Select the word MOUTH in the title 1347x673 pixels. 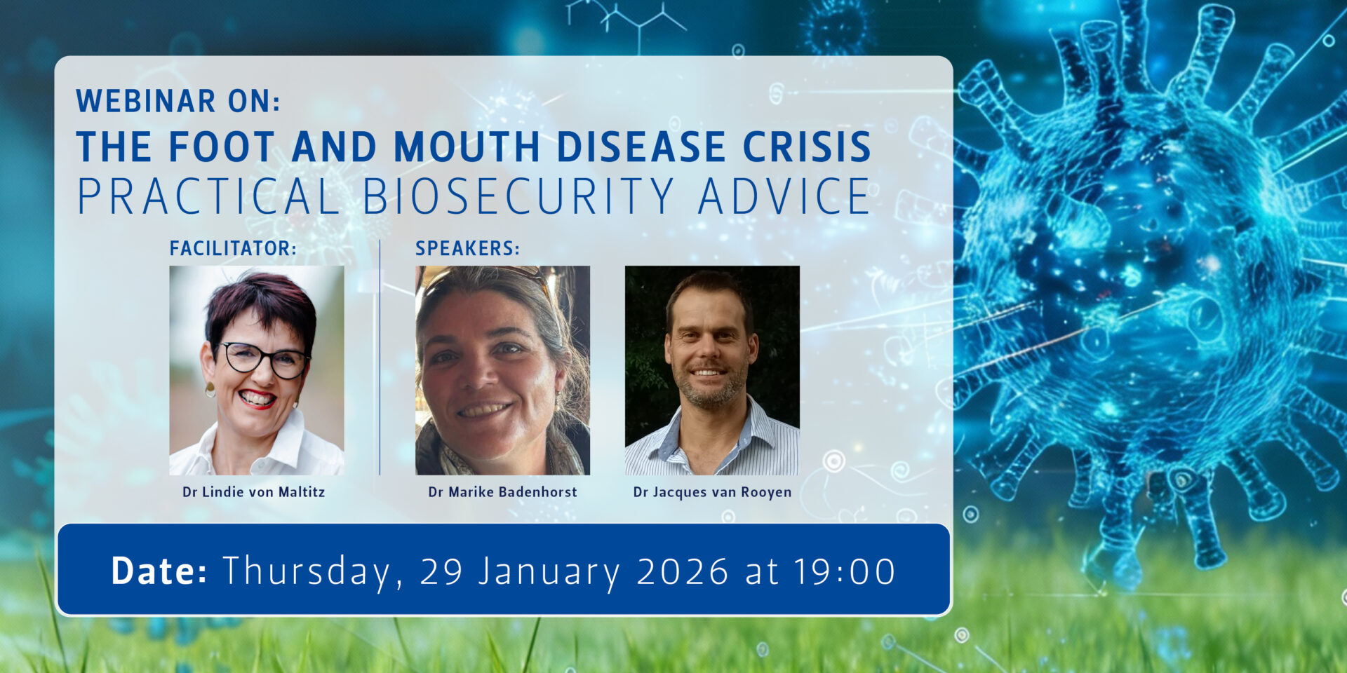coord(467,147)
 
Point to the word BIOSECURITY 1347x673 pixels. coord(518,196)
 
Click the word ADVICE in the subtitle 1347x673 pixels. coord(784,196)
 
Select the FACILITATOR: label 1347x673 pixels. coord(233,248)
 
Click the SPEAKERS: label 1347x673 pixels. coord(467,248)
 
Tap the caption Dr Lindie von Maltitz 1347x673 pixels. coord(254,492)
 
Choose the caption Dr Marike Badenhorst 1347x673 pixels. coord(502,492)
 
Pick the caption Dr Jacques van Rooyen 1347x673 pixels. coord(712,492)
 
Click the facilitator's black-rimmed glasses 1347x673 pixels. coord(264,360)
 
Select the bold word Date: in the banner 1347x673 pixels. coord(159,571)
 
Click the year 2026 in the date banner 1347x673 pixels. coord(683,571)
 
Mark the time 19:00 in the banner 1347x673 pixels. coord(845,571)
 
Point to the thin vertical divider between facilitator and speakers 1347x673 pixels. coord(380,358)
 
